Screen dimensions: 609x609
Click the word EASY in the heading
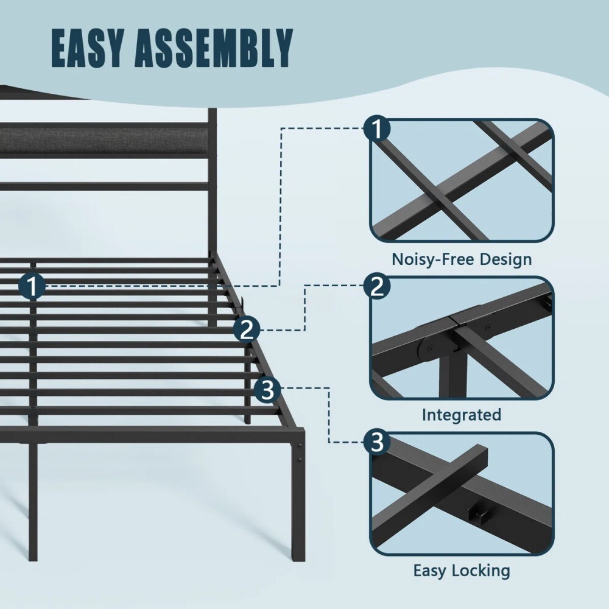pyautogui.click(x=88, y=48)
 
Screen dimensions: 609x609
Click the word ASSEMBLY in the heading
pyautogui.click(x=214, y=48)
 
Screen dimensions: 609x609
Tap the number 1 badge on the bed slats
pyautogui.click(x=32, y=286)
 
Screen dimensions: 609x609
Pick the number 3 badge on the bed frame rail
pyautogui.click(x=267, y=390)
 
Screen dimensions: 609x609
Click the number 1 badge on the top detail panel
pyautogui.click(x=377, y=128)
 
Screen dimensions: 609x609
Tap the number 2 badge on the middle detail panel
pyautogui.click(x=377, y=286)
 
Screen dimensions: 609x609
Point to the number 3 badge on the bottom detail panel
pyautogui.click(x=377, y=442)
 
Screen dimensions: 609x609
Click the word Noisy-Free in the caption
pyautogui.click(x=432, y=259)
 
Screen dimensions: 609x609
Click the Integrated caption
pyautogui.click(x=462, y=415)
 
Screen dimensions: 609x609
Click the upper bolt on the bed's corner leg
pyautogui.click(x=300, y=446)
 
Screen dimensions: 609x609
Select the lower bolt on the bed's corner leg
pyautogui.click(x=300, y=460)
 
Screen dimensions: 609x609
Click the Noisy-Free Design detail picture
pyautogui.click(x=462, y=180)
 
